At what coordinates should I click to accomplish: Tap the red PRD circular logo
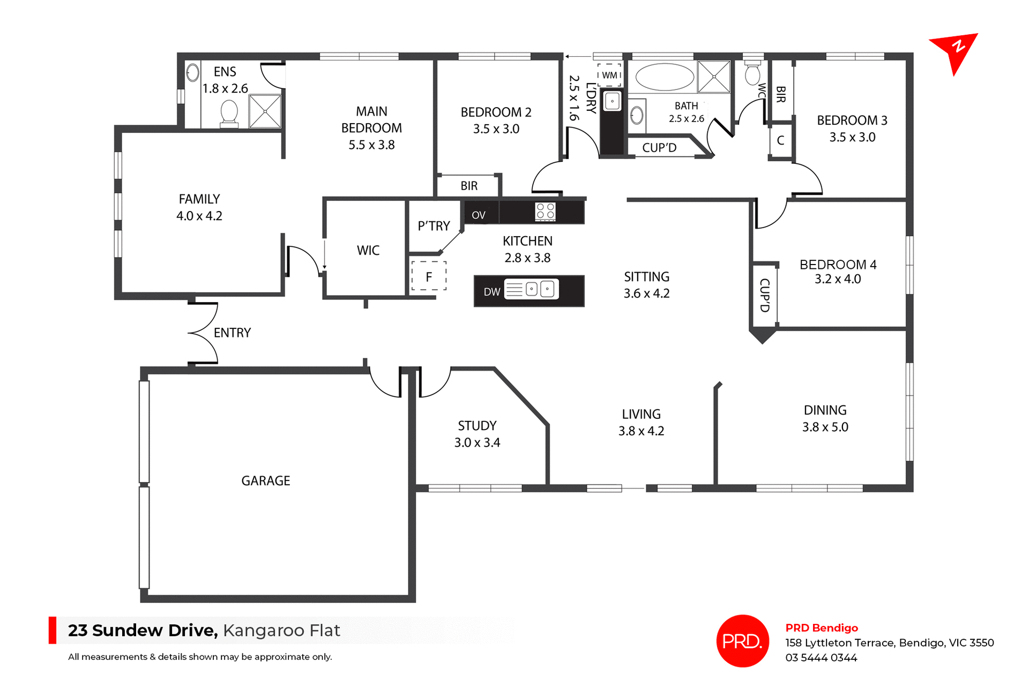pos(742,640)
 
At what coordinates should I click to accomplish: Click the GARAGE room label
pos(265,481)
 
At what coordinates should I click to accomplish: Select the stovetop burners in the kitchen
pos(546,211)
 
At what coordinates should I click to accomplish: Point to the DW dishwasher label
pos(491,292)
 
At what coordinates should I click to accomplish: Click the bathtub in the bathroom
pos(665,77)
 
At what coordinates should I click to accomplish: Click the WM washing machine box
pos(609,75)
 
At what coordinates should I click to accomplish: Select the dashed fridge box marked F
pos(429,276)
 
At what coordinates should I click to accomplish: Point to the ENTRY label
pos(232,333)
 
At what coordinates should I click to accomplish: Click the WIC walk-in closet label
pos(368,250)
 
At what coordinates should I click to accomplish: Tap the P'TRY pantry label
pos(434,226)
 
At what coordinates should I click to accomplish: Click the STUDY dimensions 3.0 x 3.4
pos(477,443)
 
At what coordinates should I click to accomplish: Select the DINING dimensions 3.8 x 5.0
pos(825,427)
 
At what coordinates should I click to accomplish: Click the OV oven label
pos(479,215)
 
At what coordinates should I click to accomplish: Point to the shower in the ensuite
pos(265,111)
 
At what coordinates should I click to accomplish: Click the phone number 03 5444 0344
pos(821,658)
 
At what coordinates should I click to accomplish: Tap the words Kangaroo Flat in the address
pos(281,630)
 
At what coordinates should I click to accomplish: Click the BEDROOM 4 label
pos(838,265)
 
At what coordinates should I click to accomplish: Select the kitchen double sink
pos(539,289)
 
